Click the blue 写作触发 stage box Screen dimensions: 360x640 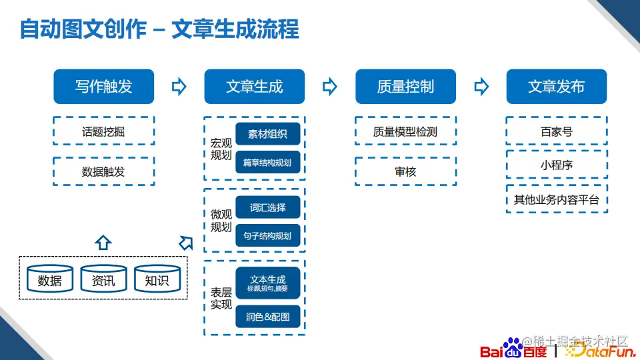[x=103, y=87]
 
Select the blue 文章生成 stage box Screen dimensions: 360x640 [x=254, y=87]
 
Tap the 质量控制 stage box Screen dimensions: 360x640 [x=405, y=87]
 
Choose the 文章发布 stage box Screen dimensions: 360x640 [x=556, y=87]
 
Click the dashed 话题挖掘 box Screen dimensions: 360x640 [x=103, y=131]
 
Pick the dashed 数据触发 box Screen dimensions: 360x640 [x=103, y=171]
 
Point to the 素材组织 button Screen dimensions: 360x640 [x=267, y=134]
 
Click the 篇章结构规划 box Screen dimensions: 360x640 [x=267, y=162]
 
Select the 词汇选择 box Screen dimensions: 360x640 [x=267, y=207]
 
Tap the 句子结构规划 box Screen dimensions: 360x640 [x=267, y=235]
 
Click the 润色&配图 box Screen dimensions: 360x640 [x=267, y=317]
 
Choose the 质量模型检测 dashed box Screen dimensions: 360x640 [x=405, y=131]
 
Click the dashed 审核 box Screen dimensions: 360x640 [x=405, y=171]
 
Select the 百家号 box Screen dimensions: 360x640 [x=556, y=131]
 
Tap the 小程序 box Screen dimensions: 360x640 [x=556, y=165]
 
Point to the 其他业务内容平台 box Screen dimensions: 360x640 [x=556, y=199]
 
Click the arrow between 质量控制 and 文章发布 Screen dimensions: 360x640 [x=481, y=87]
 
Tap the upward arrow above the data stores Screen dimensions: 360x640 [x=103, y=242]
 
